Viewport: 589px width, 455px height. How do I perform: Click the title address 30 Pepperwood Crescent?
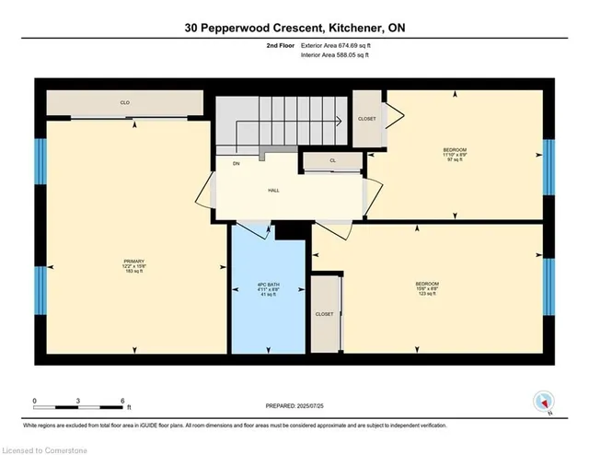click(x=294, y=29)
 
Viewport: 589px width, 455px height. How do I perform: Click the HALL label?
click(x=273, y=191)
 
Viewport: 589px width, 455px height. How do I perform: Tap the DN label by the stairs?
click(x=236, y=164)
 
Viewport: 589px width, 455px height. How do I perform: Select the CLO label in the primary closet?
click(x=124, y=103)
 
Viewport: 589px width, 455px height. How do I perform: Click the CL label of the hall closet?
click(x=332, y=161)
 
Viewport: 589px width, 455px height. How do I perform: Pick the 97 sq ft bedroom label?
click(x=455, y=155)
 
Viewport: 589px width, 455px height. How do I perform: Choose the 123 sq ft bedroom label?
click(x=426, y=288)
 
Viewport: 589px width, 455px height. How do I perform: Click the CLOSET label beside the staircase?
click(x=368, y=118)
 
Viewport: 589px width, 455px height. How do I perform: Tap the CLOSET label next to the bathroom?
click(x=324, y=314)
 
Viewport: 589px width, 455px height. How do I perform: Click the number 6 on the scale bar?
click(x=122, y=401)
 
